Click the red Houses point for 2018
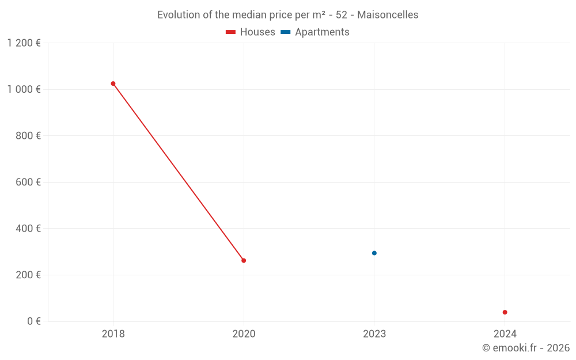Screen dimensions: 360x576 113,84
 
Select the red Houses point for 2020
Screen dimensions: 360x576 244,260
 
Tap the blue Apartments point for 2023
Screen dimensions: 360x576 374,253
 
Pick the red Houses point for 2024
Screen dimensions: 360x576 505,312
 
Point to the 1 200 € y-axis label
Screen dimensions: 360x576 24,43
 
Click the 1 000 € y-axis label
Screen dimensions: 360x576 24,89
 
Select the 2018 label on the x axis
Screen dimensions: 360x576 113,334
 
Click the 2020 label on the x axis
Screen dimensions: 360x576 244,334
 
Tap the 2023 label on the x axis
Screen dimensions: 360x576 374,334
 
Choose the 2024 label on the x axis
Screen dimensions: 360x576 505,334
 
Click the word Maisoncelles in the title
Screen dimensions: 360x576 388,15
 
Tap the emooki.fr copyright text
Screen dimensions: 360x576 526,348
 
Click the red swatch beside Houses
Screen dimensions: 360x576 231,32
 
